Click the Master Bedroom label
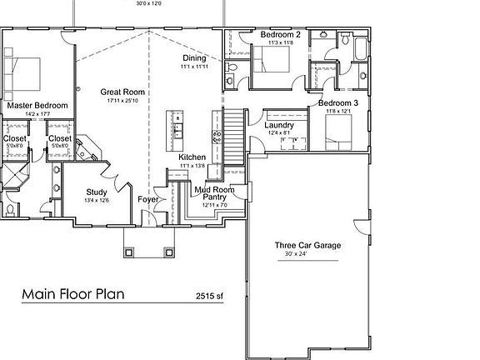pyautogui.click(x=37, y=106)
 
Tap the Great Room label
pyautogui.click(x=122, y=92)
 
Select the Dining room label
pyautogui.click(x=195, y=58)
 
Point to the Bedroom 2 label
pyautogui.click(x=280, y=35)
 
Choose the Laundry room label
pyautogui.click(x=279, y=124)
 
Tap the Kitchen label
pyautogui.click(x=192, y=157)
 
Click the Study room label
pyautogui.click(x=97, y=192)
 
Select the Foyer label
pyautogui.click(x=148, y=199)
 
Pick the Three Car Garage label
pyautogui.click(x=308, y=245)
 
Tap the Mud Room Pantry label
pyautogui.click(x=214, y=193)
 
